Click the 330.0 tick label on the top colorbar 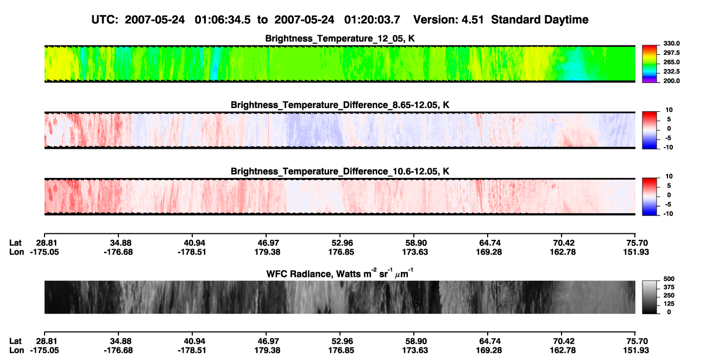pyautogui.click(x=671, y=43)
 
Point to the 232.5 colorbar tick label pyautogui.click(x=671, y=72)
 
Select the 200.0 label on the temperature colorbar pyautogui.click(x=671, y=81)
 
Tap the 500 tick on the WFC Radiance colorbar pyautogui.click(x=669, y=279)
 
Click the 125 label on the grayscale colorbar pyautogui.click(x=669, y=304)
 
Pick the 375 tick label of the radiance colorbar pyautogui.click(x=669, y=287)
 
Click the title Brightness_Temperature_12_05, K pyautogui.click(x=340, y=39)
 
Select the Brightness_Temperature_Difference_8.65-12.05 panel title pyautogui.click(x=340, y=105)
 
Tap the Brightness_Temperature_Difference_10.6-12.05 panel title pyautogui.click(x=340, y=172)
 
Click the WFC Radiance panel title pyautogui.click(x=340, y=274)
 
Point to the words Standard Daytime pyautogui.click(x=540, y=20)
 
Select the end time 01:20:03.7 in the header pyautogui.click(x=372, y=20)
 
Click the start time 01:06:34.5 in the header pyautogui.click(x=223, y=20)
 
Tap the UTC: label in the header pyautogui.click(x=105, y=20)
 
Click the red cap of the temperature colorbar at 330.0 pyautogui.click(x=650, y=47)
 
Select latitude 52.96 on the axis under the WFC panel pyautogui.click(x=342, y=341)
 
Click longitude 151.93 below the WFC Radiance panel pyautogui.click(x=636, y=351)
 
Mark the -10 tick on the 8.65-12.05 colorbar pyautogui.click(x=668, y=148)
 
